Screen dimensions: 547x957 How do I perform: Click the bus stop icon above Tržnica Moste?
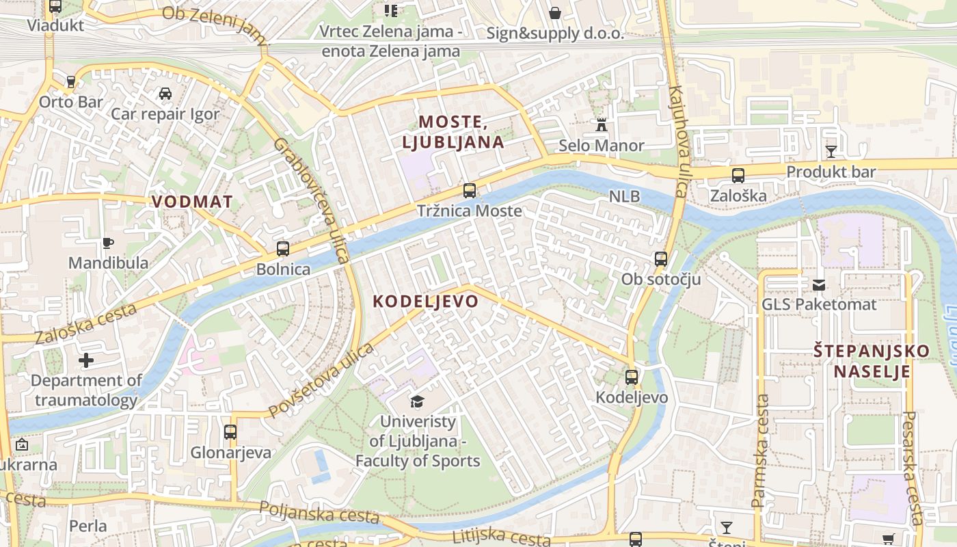pos(469,191)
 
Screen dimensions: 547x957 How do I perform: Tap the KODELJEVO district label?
pos(425,302)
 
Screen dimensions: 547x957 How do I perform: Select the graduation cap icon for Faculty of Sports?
pos(417,401)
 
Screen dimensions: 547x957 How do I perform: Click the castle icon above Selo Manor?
pos(602,126)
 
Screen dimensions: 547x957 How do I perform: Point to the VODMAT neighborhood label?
pos(192,202)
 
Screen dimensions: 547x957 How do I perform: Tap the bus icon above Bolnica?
pos(283,249)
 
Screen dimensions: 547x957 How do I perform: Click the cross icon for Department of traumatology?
pos(86,360)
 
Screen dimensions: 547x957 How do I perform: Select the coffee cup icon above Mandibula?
pos(108,243)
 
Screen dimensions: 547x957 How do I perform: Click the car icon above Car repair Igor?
pos(165,94)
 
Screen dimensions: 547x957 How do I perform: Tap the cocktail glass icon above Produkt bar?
pos(831,151)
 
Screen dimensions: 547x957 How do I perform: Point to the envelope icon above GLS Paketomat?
pos(819,284)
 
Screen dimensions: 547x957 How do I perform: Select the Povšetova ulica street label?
pos(321,380)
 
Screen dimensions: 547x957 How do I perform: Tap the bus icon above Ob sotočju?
pos(660,259)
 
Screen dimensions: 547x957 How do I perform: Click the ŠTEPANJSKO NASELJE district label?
pos(872,362)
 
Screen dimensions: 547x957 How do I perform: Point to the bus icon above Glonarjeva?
pos(230,432)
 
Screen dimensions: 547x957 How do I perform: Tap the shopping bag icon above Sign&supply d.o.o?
pos(555,13)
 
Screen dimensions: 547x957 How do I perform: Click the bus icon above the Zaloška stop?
pos(738,176)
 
